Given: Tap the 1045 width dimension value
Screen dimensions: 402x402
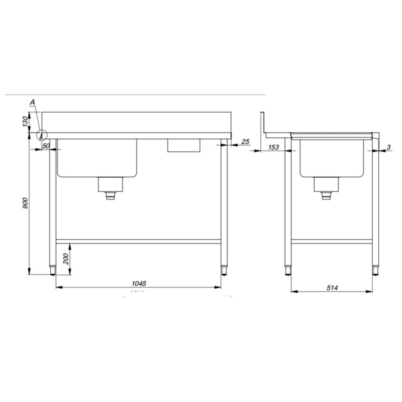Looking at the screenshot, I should (x=138, y=283).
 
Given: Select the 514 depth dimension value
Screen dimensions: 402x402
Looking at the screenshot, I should (x=332, y=287).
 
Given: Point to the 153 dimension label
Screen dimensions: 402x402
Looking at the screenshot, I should (x=273, y=147).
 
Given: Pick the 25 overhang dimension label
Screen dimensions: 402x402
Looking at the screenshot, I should (x=246, y=142).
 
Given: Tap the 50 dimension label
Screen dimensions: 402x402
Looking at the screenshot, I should (x=46, y=146).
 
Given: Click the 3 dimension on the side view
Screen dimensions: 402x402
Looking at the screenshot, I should (x=388, y=147).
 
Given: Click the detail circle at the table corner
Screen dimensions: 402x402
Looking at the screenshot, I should (x=42, y=135).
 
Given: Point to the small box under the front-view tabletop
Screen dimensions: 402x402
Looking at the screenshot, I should (x=184, y=145).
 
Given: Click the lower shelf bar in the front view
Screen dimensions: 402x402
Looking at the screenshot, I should (x=138, y=241).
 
